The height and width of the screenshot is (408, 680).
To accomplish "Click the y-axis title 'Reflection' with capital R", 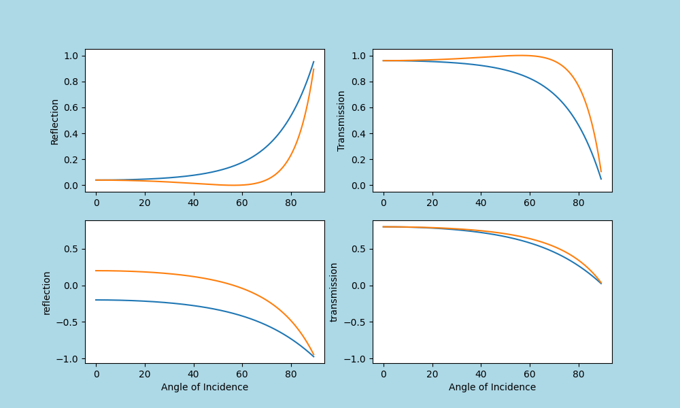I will click(x=55, y=121).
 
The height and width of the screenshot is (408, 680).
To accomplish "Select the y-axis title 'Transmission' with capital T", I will click(x=341, y=121).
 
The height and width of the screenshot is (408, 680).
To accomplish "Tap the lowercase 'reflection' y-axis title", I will click(x=47, y=292).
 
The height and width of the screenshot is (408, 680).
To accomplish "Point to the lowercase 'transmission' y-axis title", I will click(x=334, y=292).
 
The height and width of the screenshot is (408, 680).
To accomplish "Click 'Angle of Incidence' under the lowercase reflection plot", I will click(x=204, y=387).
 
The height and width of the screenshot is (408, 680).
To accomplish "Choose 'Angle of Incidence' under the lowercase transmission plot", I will click(x=492, y=387).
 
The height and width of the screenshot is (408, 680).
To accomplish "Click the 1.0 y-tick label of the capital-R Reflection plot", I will click(x=71, y=56).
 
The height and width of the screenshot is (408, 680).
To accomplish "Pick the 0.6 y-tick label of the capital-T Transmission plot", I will click(x=359, y=107).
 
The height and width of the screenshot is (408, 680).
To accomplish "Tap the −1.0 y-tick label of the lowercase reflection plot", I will click(x=68, y=359).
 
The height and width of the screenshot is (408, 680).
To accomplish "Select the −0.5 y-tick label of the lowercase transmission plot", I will click(x=356, y=322).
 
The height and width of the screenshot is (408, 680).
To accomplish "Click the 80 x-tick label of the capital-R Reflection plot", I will click(x=290, y=202).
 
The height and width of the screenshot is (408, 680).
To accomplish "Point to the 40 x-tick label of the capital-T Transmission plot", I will click(x=481, y=202).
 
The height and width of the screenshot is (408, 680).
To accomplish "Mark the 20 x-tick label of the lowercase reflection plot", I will click(x=144, y=373).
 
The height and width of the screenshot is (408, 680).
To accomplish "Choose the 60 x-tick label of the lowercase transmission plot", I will click(x=530, y=373).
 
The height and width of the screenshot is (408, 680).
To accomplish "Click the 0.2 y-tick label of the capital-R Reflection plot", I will click(x=71, y=160).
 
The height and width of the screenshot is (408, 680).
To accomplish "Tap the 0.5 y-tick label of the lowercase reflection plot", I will click(x=71, y=249).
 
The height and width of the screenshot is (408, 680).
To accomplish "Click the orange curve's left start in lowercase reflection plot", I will click(x=96, y=271).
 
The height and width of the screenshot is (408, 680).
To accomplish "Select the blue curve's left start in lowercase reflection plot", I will click(x=96, y=300).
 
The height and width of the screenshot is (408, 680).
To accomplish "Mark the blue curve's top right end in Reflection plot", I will click(x=313, y=62).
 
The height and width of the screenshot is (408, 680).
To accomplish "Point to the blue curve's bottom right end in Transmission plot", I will click(x=601, y=179).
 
